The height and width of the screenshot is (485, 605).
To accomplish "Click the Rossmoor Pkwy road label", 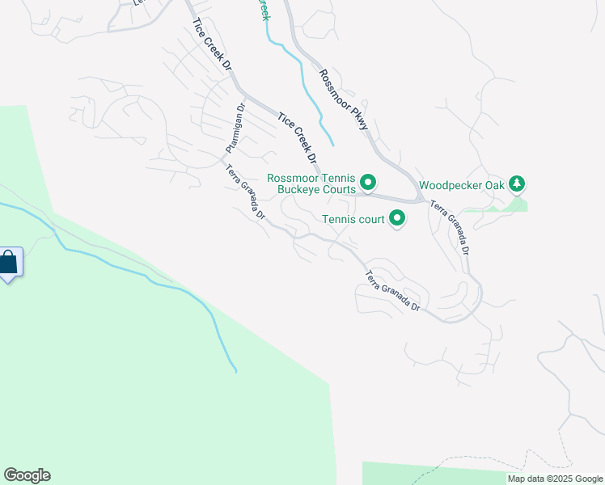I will pos(343,99).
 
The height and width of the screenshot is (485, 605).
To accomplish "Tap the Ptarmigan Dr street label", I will pos(235,129).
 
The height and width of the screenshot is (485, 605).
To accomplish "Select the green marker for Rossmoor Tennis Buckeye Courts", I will pos(367,183).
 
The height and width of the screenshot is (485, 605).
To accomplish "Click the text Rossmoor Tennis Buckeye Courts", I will pos(312,183).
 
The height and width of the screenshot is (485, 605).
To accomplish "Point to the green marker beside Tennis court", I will pos(397,218).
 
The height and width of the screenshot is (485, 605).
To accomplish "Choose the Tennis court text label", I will pos(353,218).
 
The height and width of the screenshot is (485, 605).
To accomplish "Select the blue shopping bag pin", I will pos(9,263).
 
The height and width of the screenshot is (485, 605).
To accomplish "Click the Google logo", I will pos(27,475).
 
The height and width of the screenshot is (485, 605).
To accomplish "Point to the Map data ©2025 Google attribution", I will pos(555,479).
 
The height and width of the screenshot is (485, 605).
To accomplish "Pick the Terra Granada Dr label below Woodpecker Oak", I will pos(450,228).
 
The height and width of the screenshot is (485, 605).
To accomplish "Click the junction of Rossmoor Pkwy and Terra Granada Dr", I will pos(421,197).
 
